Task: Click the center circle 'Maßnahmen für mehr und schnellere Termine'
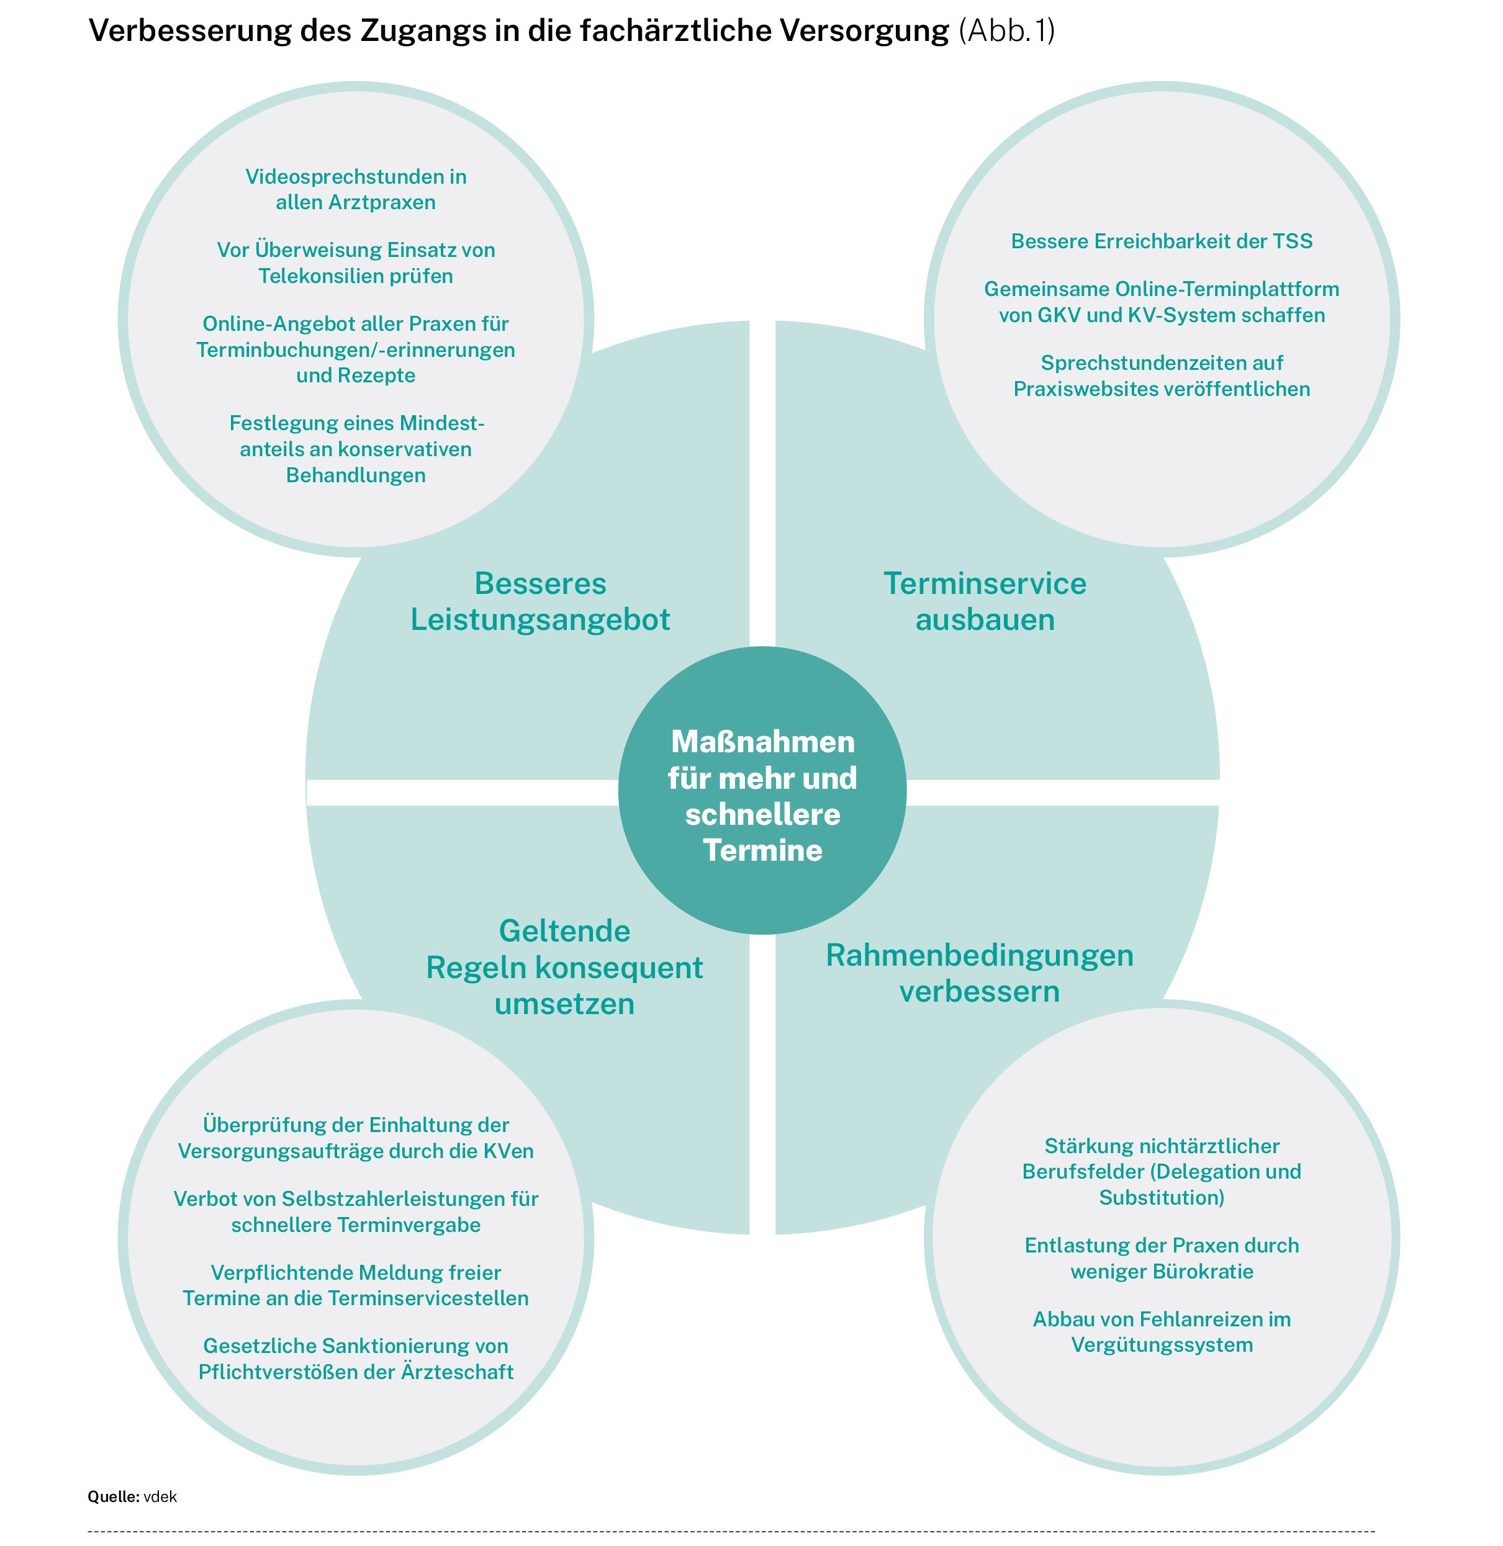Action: (762, 790)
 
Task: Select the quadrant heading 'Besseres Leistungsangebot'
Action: (540, 601)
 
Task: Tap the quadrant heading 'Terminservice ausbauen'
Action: (985, 601)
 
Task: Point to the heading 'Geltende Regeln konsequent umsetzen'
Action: (564, 967)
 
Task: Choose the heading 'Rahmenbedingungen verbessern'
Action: (980, 973)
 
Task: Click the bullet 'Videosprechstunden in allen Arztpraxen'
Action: (356, 189)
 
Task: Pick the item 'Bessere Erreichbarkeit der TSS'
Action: (1162, 241)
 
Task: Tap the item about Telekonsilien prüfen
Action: (356, 263)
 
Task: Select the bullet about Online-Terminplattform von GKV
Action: (1162, 302)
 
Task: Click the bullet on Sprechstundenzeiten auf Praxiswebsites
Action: (1162, 375)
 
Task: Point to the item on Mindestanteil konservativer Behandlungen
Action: (356, 449)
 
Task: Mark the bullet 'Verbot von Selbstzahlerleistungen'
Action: (356, 1211)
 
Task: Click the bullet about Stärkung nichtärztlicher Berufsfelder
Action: (1162, 1171)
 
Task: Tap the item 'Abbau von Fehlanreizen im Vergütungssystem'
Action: (1162, 1331)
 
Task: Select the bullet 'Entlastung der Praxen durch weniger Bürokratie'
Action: (1162, 1258)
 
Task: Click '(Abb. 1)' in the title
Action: (1007, 31)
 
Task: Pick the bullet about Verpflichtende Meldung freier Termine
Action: (356, 1285)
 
